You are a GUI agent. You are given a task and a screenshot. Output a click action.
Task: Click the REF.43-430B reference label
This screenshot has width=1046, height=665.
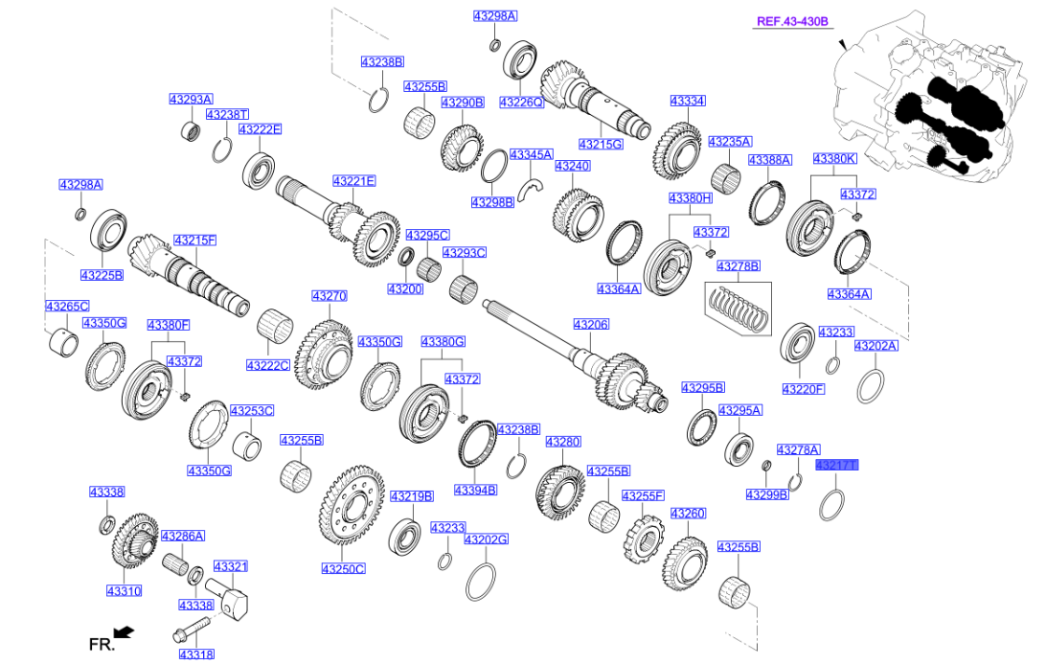[791, 21]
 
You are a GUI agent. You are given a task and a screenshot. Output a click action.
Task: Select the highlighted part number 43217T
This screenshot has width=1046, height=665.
[836, 466]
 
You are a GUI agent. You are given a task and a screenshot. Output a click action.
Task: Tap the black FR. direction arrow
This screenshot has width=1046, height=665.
[123, 631]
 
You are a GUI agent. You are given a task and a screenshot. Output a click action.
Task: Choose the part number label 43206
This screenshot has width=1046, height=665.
[591, 325]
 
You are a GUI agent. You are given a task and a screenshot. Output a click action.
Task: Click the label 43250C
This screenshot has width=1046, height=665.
[343, 568]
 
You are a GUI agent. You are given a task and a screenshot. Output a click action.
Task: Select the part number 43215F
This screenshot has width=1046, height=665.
[194, 241]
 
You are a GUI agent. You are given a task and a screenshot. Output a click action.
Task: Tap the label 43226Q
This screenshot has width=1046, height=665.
[522, 102]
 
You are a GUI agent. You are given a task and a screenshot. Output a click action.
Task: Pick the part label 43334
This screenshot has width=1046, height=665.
[688, 101]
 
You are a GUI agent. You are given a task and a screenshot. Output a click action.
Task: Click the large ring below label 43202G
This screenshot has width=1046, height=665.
[482, 582]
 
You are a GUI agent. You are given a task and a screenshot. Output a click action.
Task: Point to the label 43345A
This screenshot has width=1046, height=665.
[532, 154]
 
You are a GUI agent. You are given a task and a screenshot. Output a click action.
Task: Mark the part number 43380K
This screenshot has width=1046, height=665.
[834, 158]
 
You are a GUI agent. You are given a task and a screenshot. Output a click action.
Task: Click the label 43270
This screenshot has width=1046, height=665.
[329, 297]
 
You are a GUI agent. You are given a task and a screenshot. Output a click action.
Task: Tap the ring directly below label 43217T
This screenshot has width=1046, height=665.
[831, 504]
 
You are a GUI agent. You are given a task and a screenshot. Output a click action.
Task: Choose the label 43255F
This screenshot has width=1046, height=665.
[643, 496]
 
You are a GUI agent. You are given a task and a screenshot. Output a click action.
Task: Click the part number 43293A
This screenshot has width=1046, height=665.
[192, 100]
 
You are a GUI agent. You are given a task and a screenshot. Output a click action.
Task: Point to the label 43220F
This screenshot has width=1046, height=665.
[804, 389]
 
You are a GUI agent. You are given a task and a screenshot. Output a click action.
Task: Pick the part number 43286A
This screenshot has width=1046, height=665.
[182, 537]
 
